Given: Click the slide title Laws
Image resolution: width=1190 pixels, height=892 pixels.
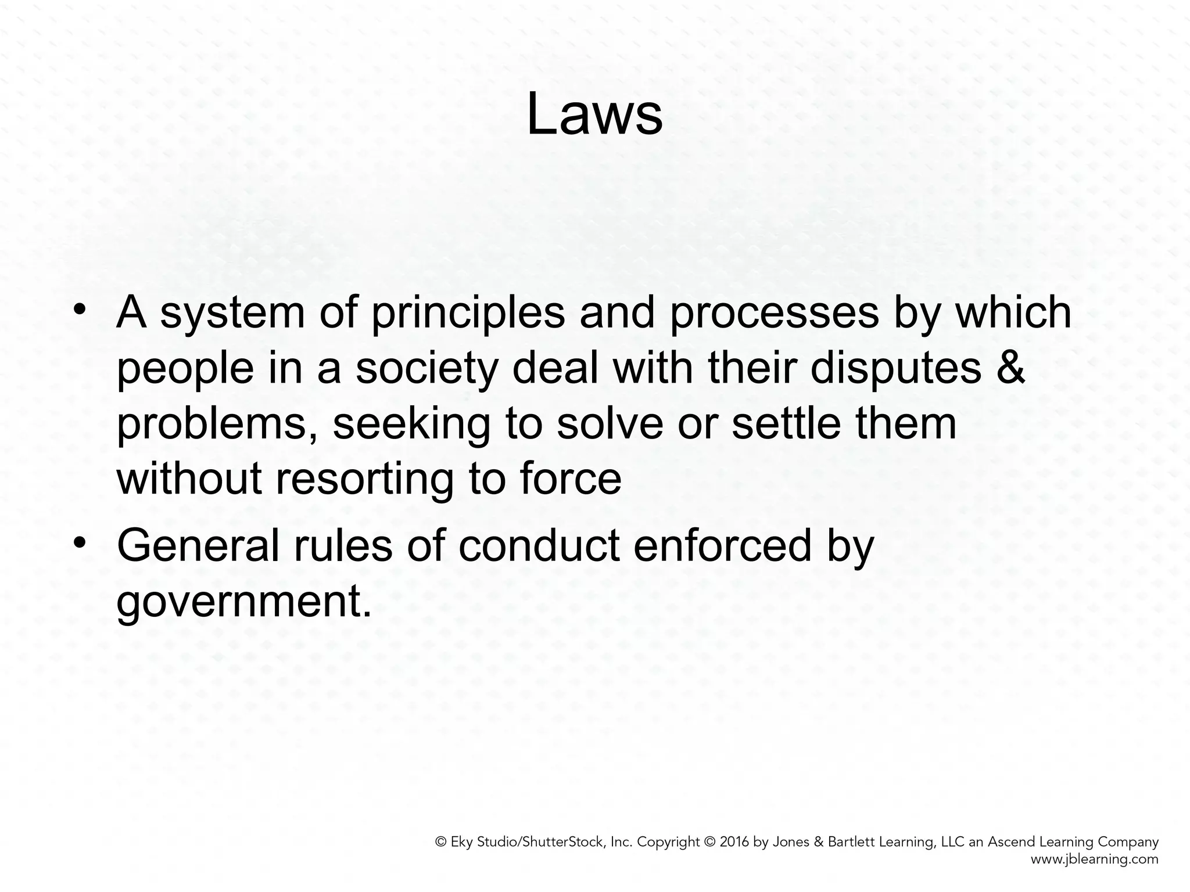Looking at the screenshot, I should click(x=594, y=116).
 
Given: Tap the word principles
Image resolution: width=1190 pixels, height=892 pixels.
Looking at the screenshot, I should click(x=467, y=314).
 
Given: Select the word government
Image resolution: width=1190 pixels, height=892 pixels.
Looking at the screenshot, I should click(x=243, y=602).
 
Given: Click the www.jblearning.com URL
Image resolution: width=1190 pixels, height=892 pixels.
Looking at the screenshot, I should click(x=1094, y=859).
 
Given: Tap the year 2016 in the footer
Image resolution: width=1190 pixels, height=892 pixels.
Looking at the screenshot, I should click(x=734, y=842).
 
